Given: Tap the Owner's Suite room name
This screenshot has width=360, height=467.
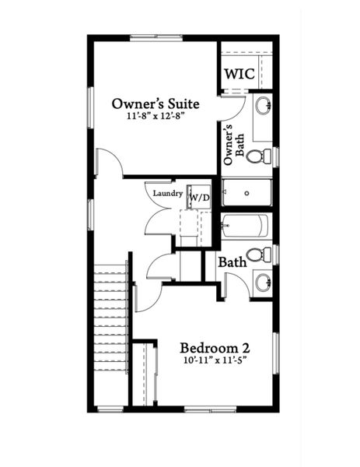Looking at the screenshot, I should tap(156, 103).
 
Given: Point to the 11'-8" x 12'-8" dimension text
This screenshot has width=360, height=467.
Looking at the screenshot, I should tap(156, 116).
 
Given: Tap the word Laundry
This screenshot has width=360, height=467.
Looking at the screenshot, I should tap(167, 193).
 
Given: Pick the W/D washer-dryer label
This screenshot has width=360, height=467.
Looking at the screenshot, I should tap(200, 198).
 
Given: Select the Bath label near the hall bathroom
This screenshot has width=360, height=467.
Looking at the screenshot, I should tap(232, 262).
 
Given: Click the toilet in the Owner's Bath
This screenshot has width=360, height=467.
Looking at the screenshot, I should tap(264, 156).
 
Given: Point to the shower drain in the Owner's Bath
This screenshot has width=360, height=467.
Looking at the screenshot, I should tap(246, 192).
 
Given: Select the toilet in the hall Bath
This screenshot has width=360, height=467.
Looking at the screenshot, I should tap(264, 255).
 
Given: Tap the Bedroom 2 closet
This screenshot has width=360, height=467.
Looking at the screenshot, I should tap(143, 374).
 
